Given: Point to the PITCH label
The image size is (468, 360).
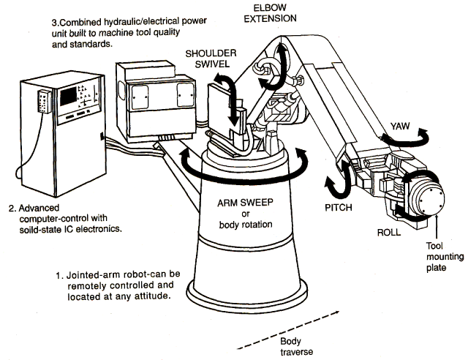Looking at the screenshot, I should (339, 207).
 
